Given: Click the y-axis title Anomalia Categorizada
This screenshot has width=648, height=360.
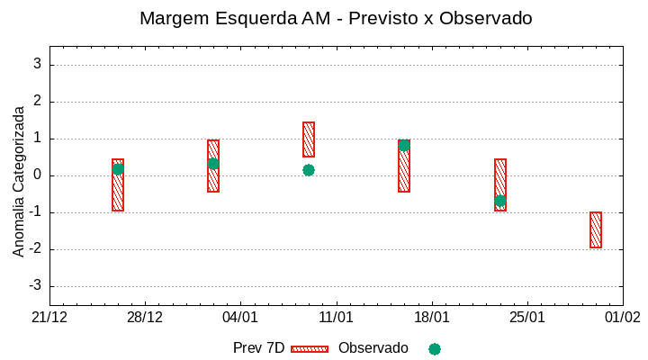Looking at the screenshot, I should [19, 181].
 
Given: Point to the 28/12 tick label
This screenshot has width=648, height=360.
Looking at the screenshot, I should [145, 318].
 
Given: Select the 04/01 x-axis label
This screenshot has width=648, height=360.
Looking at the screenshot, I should [240, 318].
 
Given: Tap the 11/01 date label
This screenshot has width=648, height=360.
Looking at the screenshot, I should [336, 318].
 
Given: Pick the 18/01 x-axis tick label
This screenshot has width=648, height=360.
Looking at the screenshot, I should [432, 318].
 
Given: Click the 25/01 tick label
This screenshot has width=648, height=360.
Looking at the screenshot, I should [527, 318].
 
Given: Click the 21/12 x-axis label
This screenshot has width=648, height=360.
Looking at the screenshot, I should [49, 318].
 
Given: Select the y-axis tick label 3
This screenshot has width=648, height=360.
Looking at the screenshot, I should [38, 64].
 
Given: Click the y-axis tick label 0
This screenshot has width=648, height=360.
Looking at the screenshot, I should [38, 175].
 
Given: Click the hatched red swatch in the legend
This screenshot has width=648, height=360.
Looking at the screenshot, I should [310, 348].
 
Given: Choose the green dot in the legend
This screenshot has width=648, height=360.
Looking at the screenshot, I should [435, 348].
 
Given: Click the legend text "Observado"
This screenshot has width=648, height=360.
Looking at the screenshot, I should [373, 348].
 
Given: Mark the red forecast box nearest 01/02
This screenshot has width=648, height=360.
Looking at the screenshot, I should [596, 229].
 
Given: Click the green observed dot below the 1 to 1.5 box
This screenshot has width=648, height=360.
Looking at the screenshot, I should [309, 170].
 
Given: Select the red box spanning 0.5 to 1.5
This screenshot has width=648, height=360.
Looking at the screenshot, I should [309, 139].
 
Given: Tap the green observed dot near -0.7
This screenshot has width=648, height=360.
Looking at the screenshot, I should [500, 201].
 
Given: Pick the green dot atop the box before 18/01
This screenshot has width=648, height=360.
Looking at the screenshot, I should [404, 145].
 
